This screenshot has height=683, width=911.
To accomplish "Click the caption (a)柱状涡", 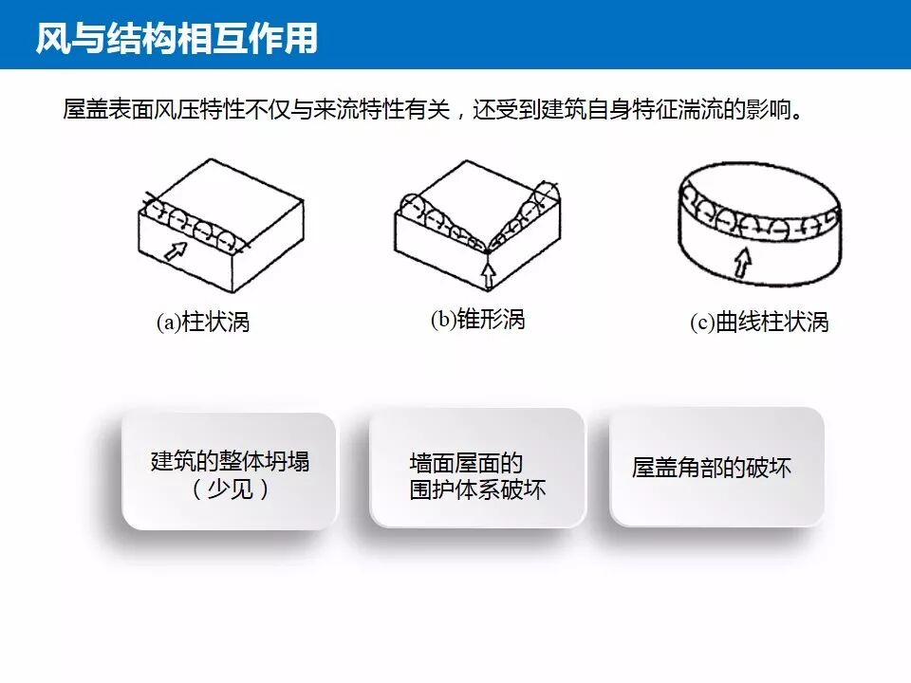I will (x=202, y=323).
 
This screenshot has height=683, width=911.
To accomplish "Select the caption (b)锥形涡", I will (x=477, y=319).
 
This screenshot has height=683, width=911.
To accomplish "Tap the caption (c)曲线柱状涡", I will (x=759, y=323).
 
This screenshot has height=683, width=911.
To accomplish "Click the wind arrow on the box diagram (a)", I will (x=176, y=250).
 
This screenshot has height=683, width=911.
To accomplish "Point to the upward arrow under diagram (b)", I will (x=488, y=275).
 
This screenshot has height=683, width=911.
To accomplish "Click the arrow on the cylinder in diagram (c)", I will (x=744, y=261).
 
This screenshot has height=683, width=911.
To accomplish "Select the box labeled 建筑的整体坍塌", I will (x=229, y=471).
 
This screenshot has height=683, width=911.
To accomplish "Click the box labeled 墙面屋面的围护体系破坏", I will (x=476, y=468).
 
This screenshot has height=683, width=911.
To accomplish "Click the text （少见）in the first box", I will (x=230, y=490).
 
